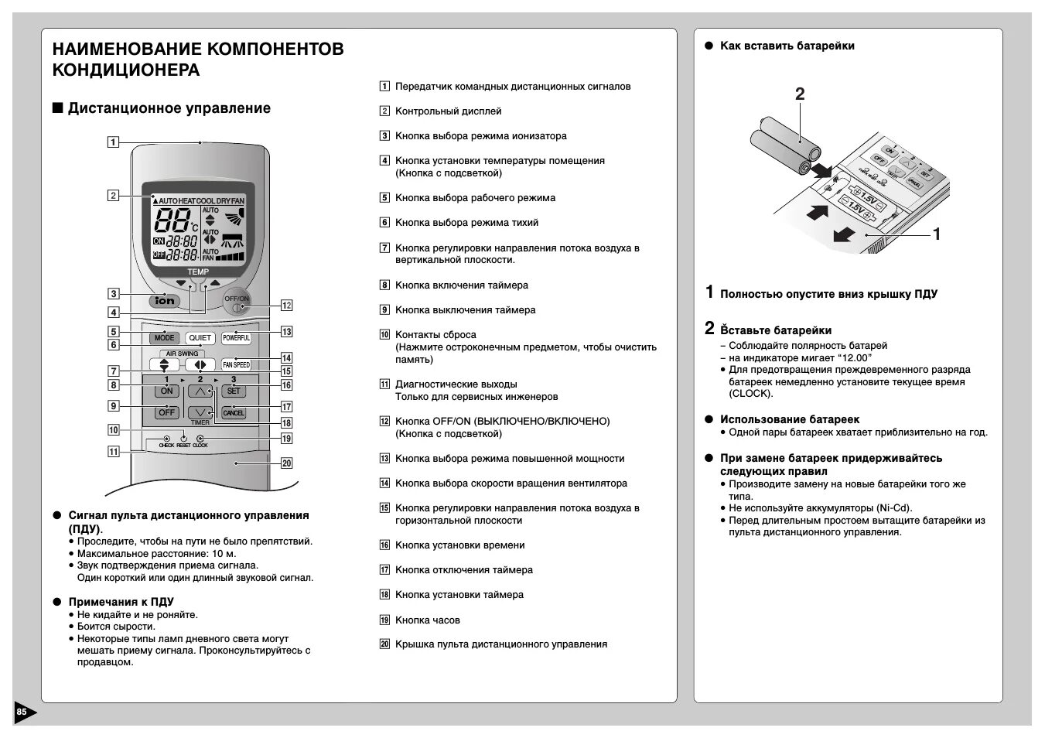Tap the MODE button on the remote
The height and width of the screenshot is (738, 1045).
pyautogui.click(x=164, y=338)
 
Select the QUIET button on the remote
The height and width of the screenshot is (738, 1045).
pyautogui.click(x=200, y=338)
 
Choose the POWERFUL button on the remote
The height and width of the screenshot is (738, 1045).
pyautogui.click(x=236, y=338)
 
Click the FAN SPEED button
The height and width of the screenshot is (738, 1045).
pyautogui.click(x=236, y=364)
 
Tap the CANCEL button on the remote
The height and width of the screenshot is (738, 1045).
pyautogui.click(x=234, y=412)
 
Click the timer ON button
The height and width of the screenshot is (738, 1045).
pyautogui.click(x=166, y=391)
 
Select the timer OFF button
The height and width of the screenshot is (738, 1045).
pyautogui.click(x=166, y=412)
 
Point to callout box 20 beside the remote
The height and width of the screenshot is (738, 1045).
pyautogui.click(x=286, y=463)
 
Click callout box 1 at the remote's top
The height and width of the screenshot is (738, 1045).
pyautogui.click(x=114, y=142)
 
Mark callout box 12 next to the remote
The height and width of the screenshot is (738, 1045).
pyautogui.click(x=286, y=305)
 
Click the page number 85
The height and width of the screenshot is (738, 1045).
pyautogui.click(x=22, y=712)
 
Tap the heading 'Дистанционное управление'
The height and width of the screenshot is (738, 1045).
pyautogui.click(x=169, y=108)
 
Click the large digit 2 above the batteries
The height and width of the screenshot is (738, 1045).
pyautogui.click(x=800, y=94)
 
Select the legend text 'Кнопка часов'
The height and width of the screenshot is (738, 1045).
pyautogui.click(x=427, y=620)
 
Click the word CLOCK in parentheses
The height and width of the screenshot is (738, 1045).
pyautogui.click(x=750, y=393)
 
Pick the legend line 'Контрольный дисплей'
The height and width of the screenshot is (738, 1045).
pyautogui.click(x=448, y=111)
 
